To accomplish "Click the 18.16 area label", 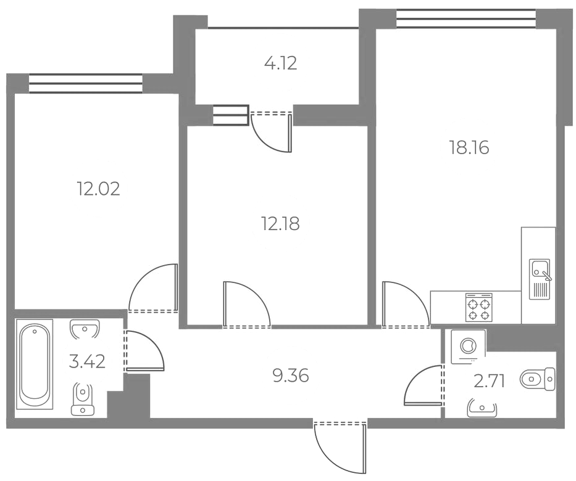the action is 469,148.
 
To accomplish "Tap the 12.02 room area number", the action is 98,189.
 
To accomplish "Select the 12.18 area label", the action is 280,223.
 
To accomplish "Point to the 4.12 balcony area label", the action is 280,63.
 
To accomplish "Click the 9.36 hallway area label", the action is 291,376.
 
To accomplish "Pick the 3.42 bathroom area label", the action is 87,362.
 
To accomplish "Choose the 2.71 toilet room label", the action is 489,382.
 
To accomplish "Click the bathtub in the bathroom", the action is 35,364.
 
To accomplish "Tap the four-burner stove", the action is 478,308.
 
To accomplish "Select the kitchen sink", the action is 540,279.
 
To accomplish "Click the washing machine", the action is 468,347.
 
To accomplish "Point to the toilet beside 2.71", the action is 538,379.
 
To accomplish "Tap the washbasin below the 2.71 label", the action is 482,408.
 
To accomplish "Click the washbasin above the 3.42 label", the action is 85,329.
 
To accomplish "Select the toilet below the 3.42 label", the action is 83,399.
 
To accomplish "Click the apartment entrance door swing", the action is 341,447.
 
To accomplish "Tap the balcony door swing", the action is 272,133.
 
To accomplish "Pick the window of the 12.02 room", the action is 85,83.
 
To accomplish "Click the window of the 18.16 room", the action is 466,18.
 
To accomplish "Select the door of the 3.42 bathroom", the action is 144,351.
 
